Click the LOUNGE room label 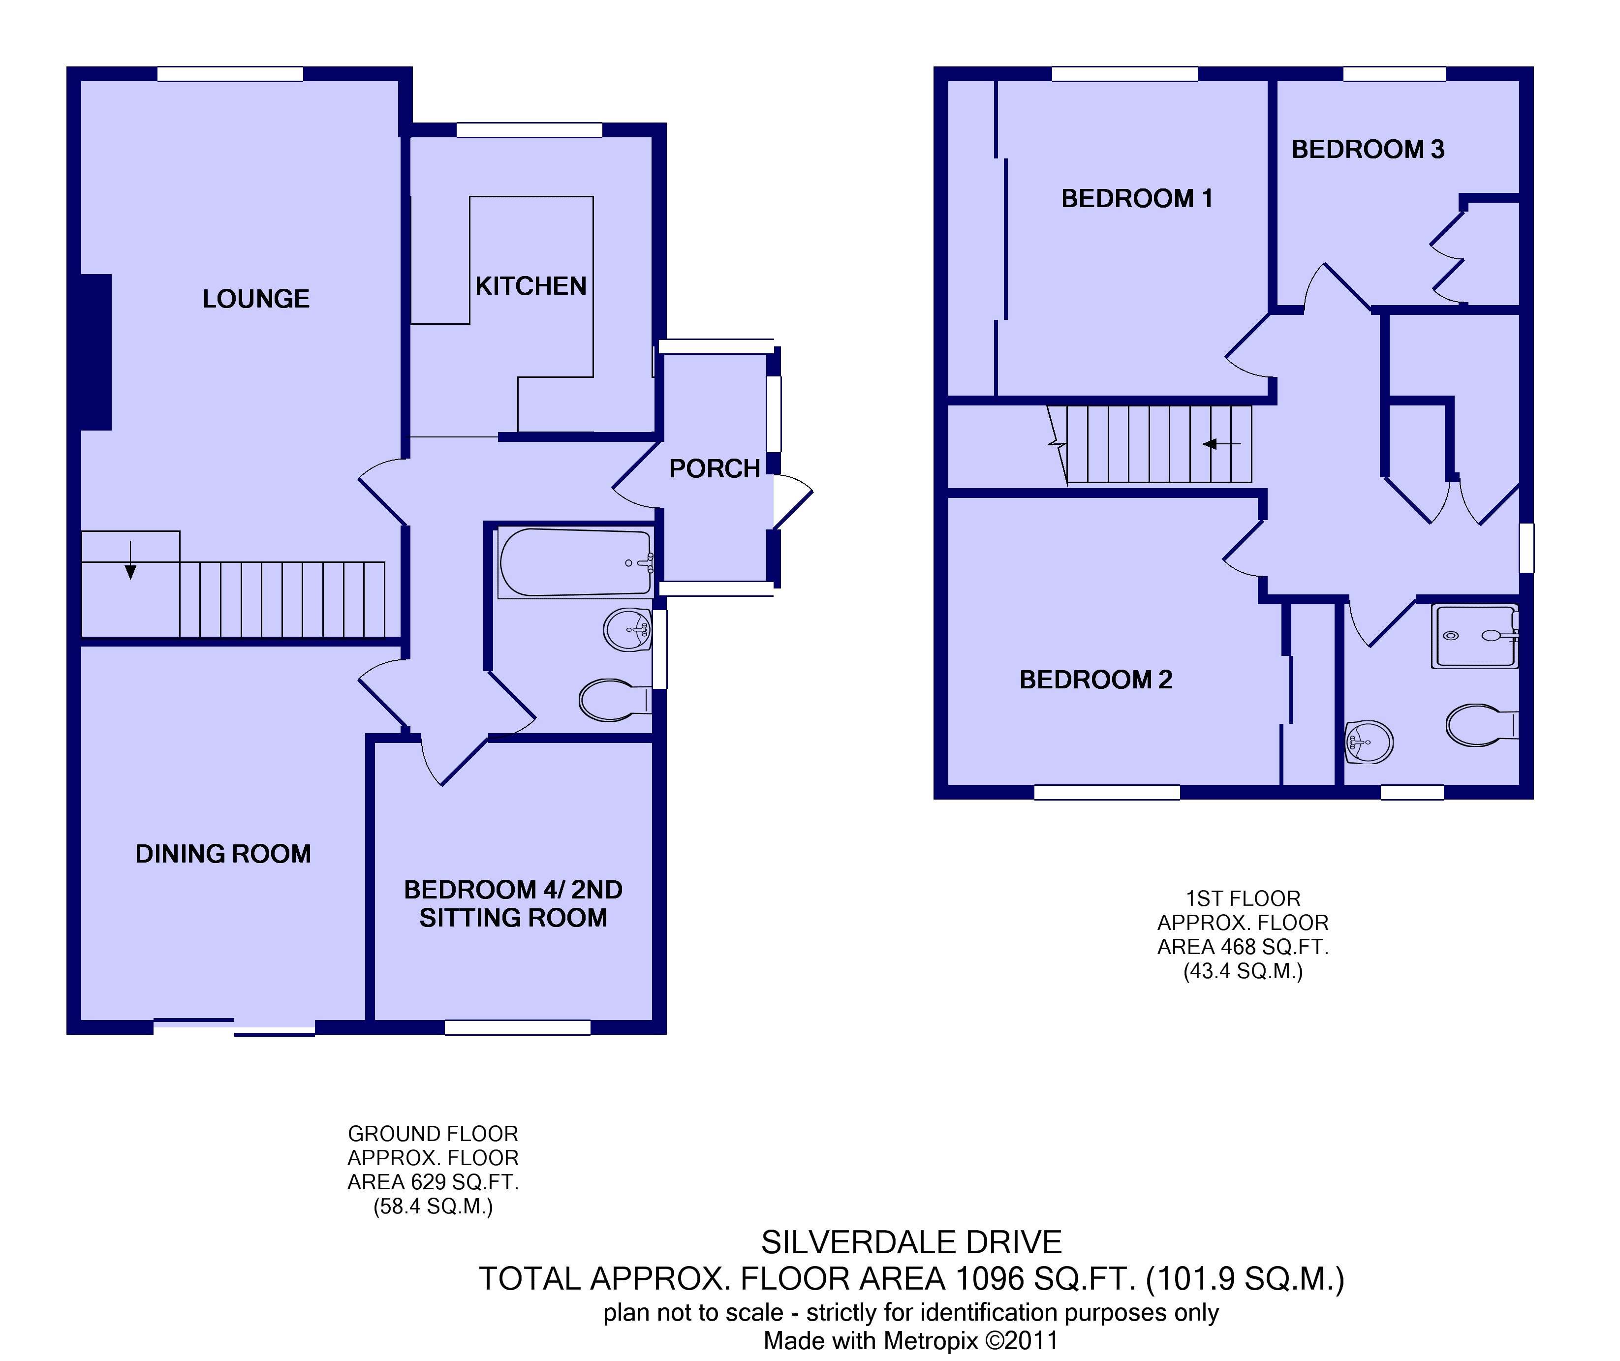[256, 299]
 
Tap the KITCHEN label [531, 286]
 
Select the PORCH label [715, 468]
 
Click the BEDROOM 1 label [1137, 198]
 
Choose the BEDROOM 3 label [1368, 149]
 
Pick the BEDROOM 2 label [1095, 679]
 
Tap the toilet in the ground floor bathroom [615, 700]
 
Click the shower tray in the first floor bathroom [1475, 636]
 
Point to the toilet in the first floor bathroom [1482, 725]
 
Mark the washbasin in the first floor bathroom [1369, 742]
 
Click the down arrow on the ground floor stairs [130, 560]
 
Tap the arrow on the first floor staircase [1221, 444]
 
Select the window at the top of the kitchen [529, 129]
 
